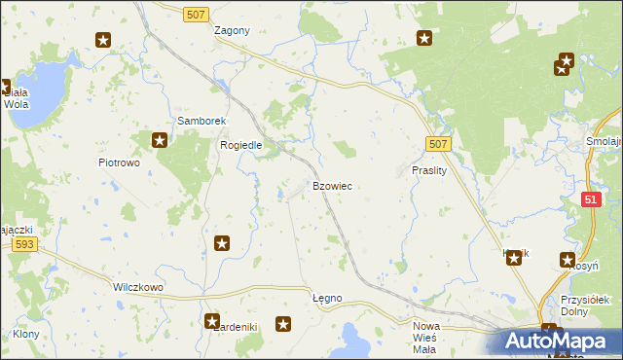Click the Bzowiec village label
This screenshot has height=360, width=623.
pos(332,185)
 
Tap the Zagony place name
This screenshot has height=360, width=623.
pos(232,30)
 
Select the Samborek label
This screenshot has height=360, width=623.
pos(202,121)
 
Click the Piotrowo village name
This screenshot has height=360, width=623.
pos(120,162)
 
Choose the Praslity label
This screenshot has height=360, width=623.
pos(428,169)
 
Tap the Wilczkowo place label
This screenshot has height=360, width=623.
pos(137,288)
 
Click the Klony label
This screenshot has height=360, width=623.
pos(26,334)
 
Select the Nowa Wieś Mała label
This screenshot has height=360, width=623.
pos(425,338)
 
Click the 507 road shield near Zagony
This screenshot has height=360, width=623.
pos(197,12)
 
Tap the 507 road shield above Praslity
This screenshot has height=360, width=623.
pos(438,144)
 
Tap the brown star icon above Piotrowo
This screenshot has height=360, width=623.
pos(160,140)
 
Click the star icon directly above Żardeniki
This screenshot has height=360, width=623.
pos(212,320)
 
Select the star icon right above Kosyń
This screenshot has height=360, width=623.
pos(568,259)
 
